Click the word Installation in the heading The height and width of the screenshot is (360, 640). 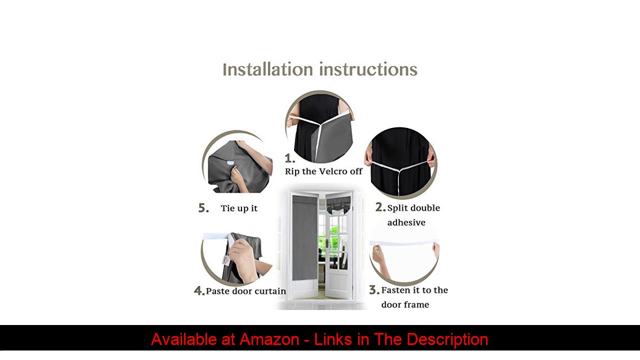coord(267,69)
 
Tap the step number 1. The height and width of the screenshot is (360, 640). coord(289,158)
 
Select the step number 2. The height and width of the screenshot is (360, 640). coord(380,207)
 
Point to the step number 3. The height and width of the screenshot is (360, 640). coord(374,289)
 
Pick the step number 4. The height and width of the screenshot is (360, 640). coord(199,291)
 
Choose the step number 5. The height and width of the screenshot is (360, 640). coord(203,208)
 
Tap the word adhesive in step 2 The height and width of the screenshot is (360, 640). coord(406,222)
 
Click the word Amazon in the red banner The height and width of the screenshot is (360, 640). coord(269,339)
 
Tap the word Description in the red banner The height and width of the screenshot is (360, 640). coord(447,339)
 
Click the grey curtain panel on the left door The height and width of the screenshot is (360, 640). coord(305,237)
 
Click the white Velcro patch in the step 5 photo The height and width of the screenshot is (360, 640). coord(230,163)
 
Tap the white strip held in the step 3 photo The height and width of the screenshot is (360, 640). coord(404,243)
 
